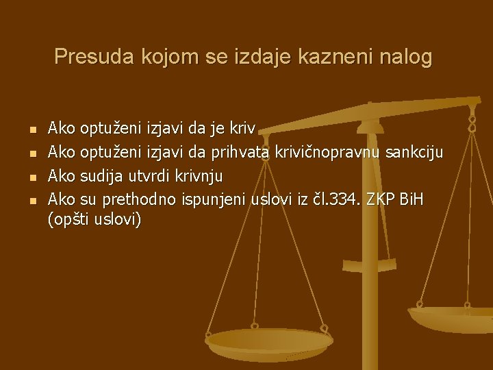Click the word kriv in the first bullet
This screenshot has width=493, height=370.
243,128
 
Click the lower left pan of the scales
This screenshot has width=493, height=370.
269,340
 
